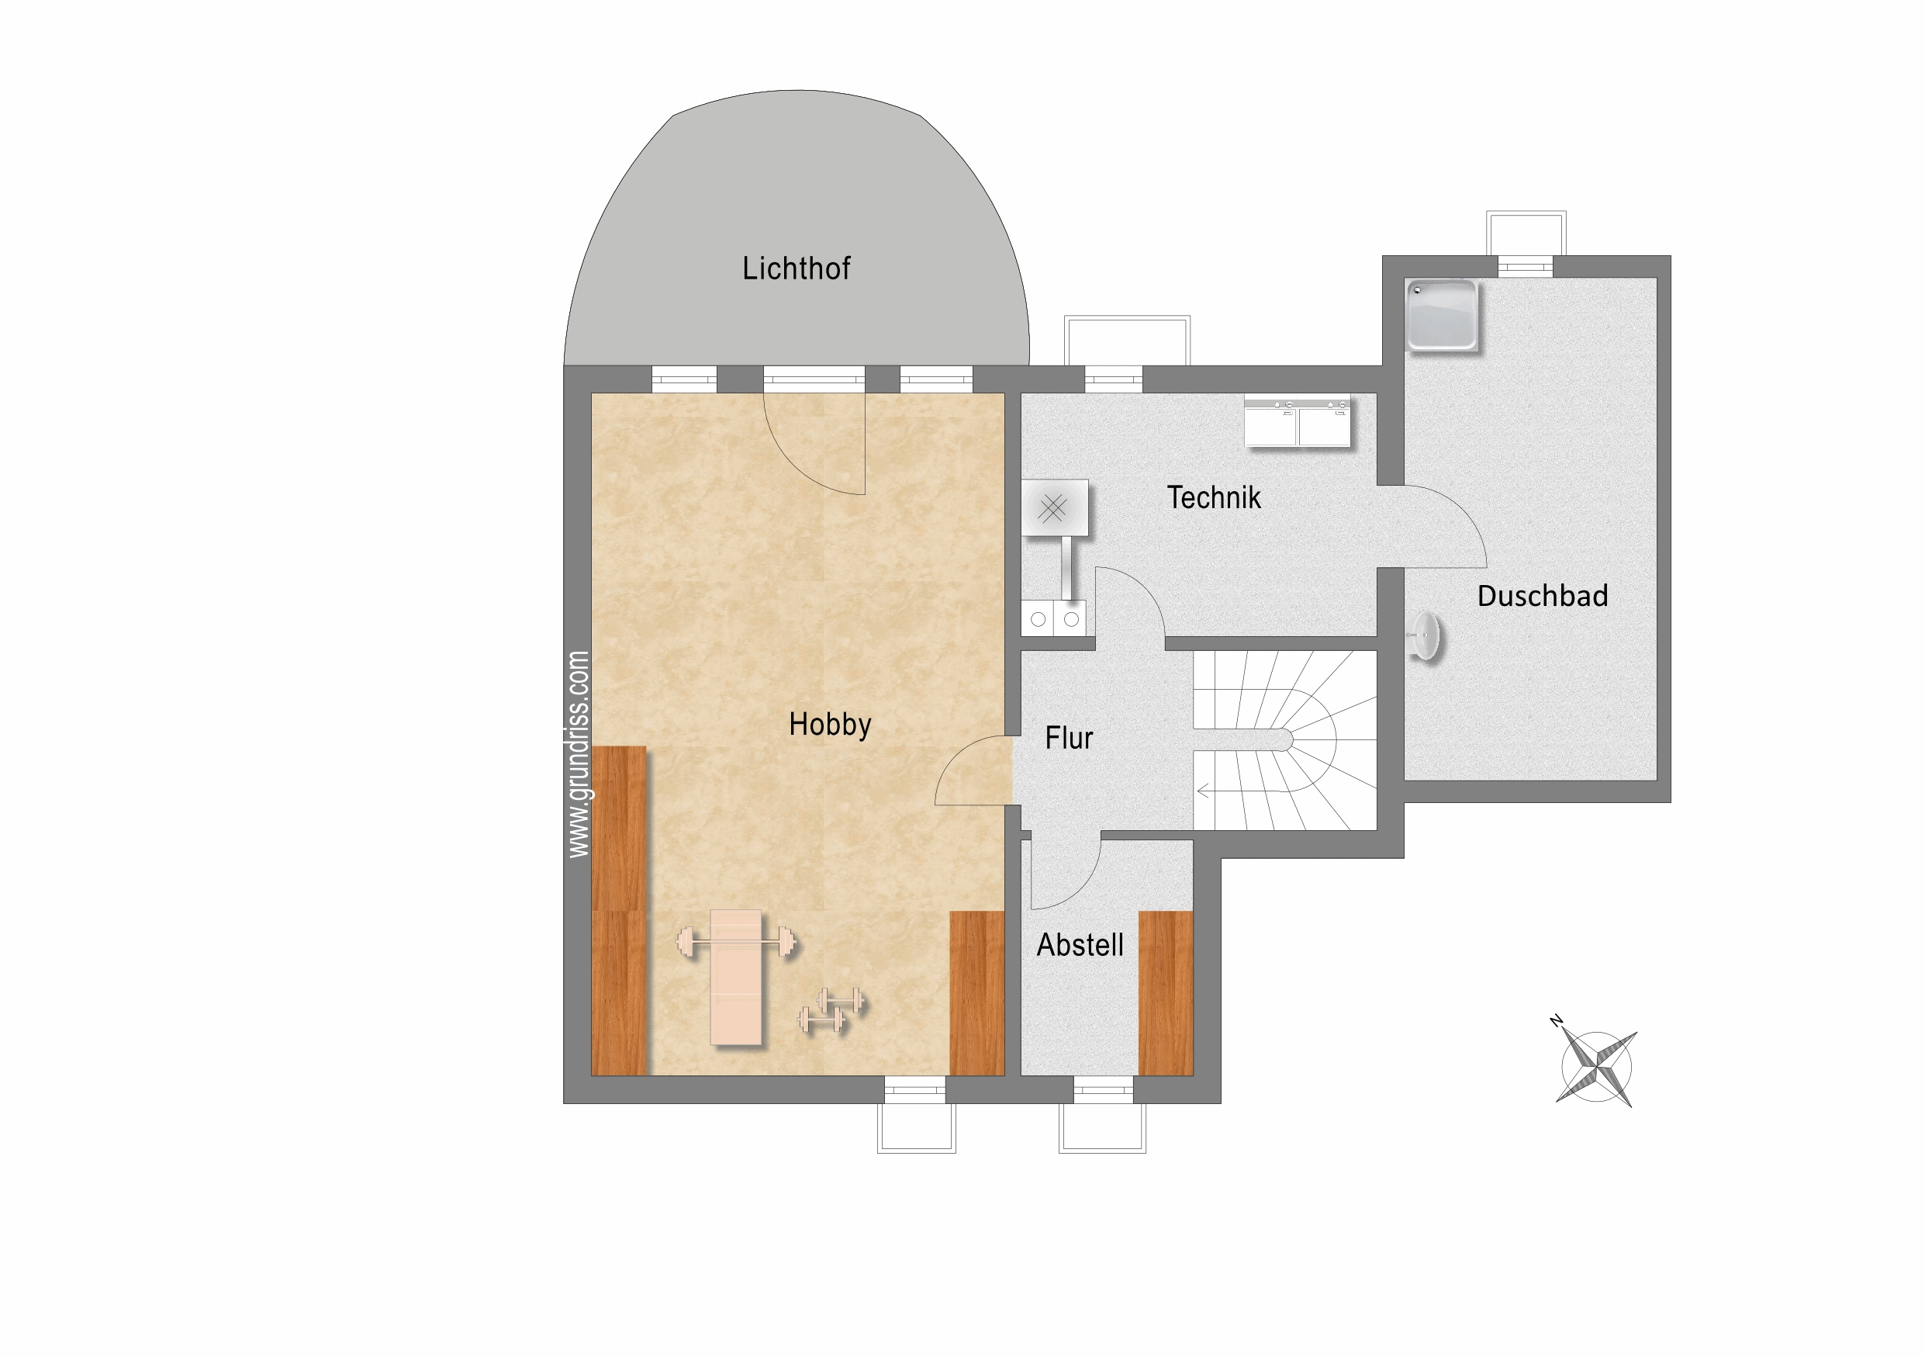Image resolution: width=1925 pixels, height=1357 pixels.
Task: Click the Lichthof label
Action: coord(796,268)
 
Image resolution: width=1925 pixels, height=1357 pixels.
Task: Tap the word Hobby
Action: coord(830,725)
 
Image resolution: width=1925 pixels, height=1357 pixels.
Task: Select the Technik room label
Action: coord(1213,497)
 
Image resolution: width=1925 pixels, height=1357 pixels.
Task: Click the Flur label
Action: coord(1069,738)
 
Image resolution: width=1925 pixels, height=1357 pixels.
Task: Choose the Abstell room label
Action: coord(1080,945)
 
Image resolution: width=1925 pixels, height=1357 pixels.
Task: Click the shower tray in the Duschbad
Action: coord(1441,314)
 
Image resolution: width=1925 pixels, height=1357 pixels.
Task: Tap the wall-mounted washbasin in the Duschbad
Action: coord(1425,638)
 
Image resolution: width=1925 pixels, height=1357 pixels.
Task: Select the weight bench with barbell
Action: coord(736,977)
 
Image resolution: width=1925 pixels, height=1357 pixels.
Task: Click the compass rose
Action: coord(1596,1068)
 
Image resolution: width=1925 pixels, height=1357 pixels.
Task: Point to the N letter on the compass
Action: coord(1556,1021)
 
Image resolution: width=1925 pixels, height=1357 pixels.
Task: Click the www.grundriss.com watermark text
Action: coord(579,754)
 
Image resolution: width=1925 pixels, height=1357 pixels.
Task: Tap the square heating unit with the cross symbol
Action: coord(1055,507)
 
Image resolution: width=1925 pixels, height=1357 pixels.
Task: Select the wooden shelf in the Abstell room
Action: coord(1166,993)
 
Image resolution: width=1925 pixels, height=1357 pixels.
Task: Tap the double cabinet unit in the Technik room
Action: coord(1297,423)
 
